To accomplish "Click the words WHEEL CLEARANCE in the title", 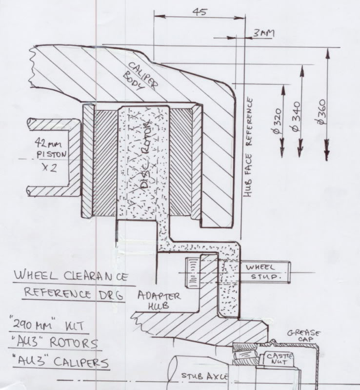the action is tap(72, 276).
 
